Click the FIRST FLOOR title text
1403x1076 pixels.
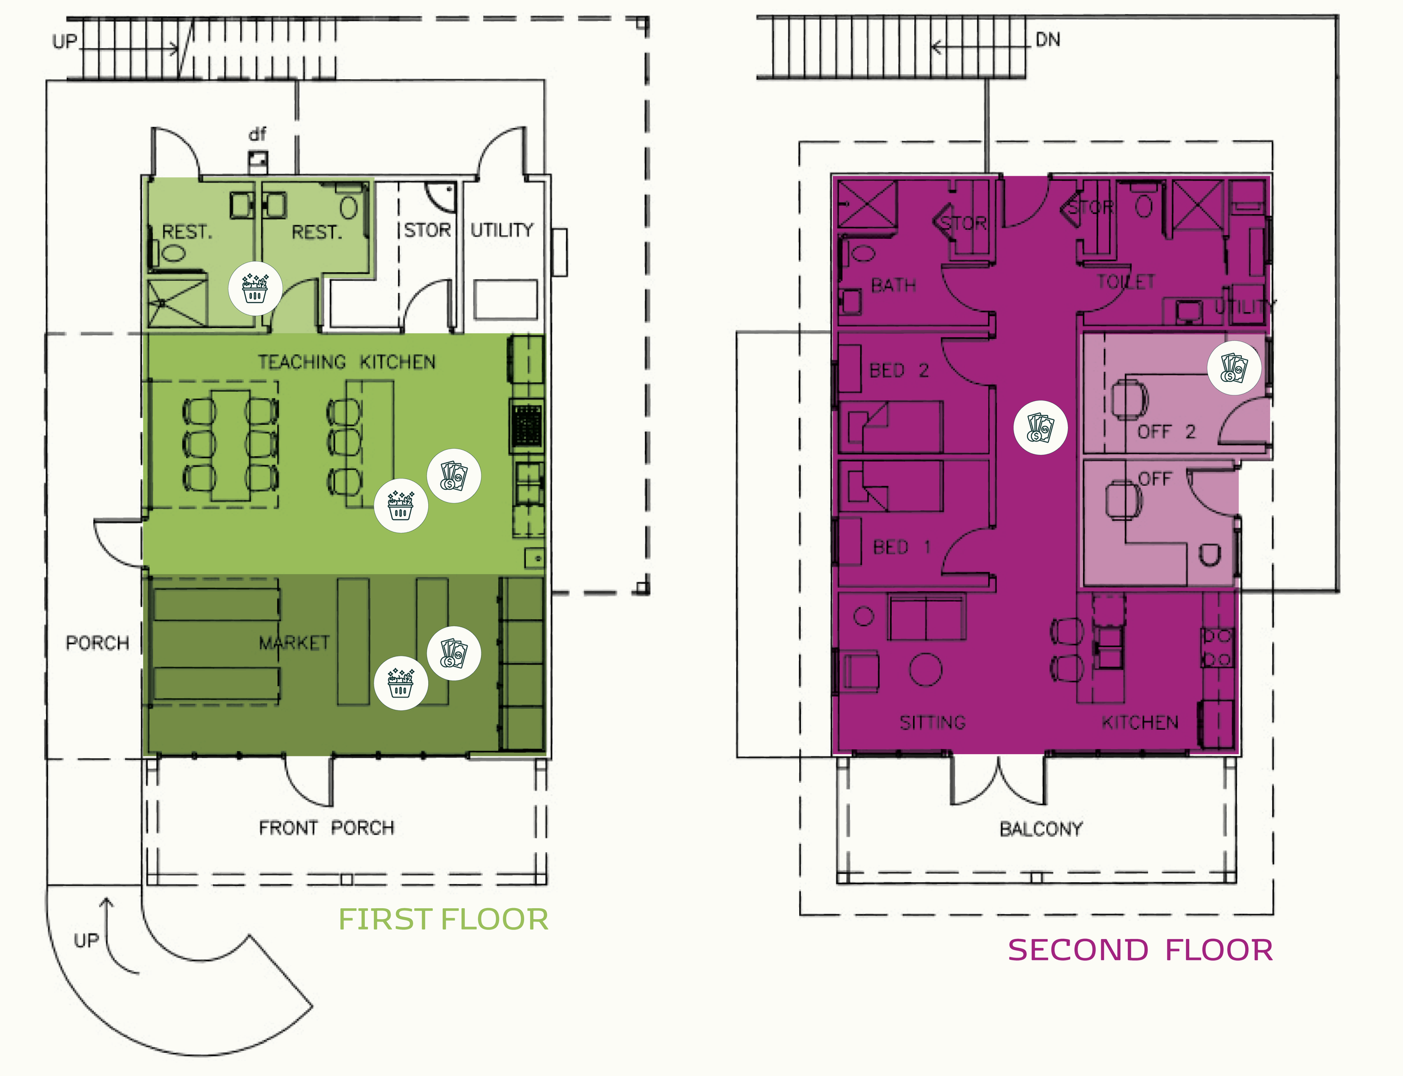443,920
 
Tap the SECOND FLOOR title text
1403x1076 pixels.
1140,950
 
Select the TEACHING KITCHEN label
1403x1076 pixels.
346,363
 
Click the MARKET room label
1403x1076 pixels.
295,642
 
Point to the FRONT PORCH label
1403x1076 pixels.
327,828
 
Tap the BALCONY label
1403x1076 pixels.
1040,829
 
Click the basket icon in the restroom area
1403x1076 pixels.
255,288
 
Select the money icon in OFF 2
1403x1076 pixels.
1234,368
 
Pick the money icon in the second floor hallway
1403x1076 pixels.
1040,428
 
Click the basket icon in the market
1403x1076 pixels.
401,683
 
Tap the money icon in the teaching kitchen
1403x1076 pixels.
454,475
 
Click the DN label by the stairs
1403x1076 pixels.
1048,40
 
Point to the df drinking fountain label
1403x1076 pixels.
257,135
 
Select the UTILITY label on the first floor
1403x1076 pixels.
502,230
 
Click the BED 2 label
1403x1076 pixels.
898,371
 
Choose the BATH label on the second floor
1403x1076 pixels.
893,285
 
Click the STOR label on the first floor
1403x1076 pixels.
427,230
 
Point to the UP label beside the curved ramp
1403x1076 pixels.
86,941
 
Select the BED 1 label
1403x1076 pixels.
901,548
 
